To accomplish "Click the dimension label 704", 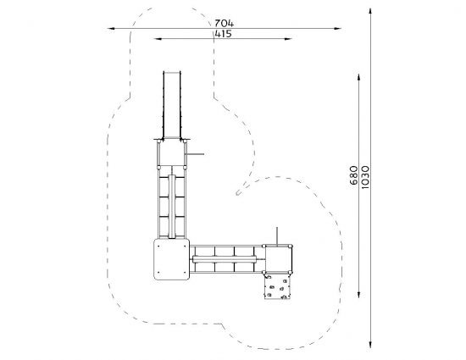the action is [224, 23].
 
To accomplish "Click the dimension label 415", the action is [223, 34].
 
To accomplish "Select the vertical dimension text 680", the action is [354, 175].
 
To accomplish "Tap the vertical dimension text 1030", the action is [365, 177].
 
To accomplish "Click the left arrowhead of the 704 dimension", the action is [111, 29].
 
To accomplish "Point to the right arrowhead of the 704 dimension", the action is [337, 29].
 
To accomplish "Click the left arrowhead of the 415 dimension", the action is [158, 39].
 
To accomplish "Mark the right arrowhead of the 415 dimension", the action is [288, 39].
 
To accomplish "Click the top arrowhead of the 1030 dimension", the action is [370, 12].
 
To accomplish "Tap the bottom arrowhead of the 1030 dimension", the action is [370, 344].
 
